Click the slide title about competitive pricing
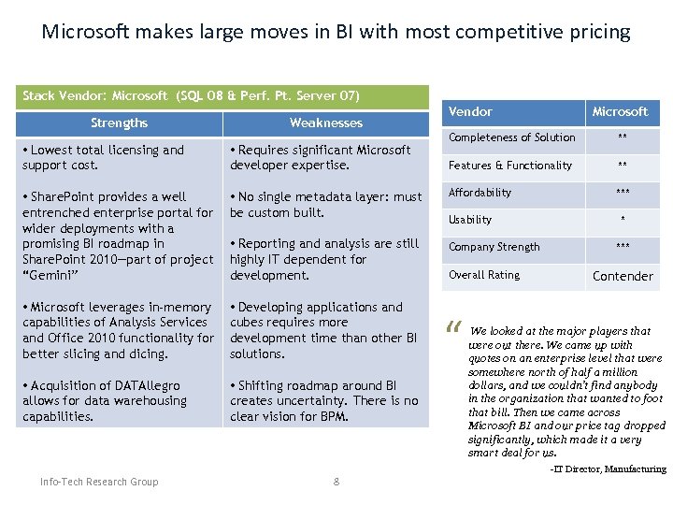tap(336, 32)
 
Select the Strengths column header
tap(119, 123)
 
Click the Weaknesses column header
tap(325, 123)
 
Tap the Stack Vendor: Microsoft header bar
tap(191, 96)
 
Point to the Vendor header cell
tap(470, 112)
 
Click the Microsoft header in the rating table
tap(620, 112)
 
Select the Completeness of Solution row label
tap(511, 137)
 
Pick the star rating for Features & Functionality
tap(622, 166)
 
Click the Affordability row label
tap(480, 193)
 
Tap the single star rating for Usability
tap(623, 222)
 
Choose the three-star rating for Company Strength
tap(622, 248)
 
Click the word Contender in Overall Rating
tap(623, 276)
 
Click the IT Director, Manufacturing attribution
tap(608, 469)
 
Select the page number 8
tap(336, 483)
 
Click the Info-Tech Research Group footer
tap(99, 483)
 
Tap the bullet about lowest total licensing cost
tap(103, 157)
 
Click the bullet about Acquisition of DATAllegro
tap(104, 400)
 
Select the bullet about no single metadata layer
tap(325, 205)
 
